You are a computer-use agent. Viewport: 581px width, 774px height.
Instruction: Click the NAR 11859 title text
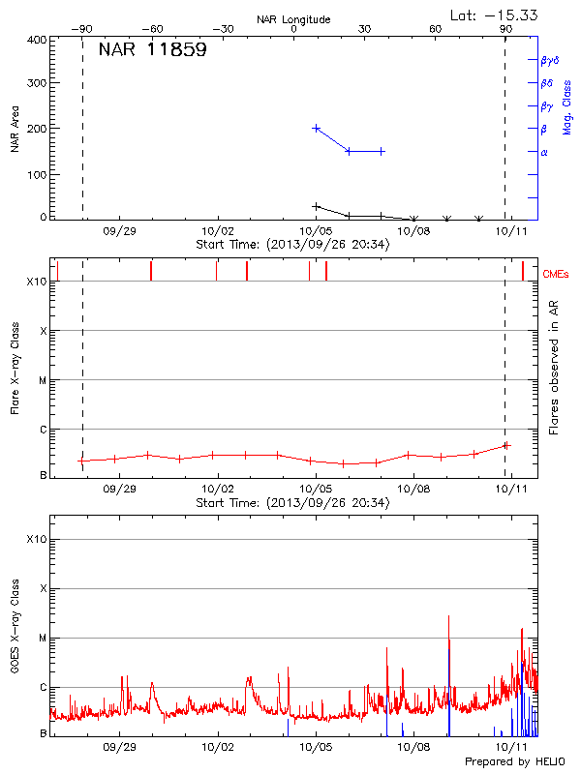(x=152, y=50)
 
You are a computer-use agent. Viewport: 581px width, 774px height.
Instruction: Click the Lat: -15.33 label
(x=495, y=15)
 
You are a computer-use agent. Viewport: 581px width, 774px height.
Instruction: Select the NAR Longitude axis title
(x=293, y=19)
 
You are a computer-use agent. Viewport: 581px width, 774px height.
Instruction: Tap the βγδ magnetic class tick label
(x=549, y=60)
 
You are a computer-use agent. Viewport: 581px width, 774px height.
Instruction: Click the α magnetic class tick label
(x=544, y=152)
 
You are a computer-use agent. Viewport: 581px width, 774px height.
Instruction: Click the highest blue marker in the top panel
(x=317, y=128)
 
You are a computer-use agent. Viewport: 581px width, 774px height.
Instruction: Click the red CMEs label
(x=558, y=275)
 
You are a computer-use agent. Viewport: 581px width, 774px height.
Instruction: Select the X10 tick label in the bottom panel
(x=36, y=539)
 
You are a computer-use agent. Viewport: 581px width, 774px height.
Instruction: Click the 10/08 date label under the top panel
(x=413, y=231)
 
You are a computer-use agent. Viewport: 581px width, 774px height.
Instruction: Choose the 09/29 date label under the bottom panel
(x=119, y=748)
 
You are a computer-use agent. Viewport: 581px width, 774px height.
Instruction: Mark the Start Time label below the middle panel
(x=292, y=503)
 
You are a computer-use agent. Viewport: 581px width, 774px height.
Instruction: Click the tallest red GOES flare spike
(x=448, y=616)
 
